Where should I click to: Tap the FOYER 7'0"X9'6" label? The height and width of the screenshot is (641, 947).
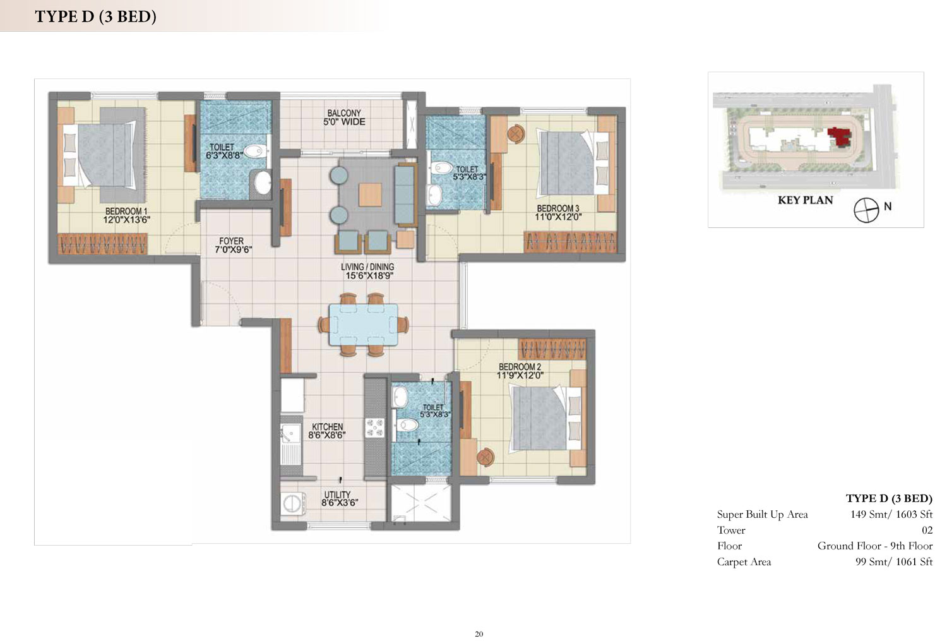point(233,245)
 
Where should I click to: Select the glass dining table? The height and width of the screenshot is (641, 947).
point(364,325)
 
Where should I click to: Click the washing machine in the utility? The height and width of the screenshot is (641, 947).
point(293,503)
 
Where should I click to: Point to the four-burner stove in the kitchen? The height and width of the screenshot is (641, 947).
point(374,428)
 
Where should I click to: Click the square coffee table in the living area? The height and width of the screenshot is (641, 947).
point(371,195)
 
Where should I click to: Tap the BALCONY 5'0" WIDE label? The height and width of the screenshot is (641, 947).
point(344,117)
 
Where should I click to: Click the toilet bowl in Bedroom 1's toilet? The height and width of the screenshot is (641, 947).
point(255,151)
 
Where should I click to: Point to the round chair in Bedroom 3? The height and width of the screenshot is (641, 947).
point(515,134)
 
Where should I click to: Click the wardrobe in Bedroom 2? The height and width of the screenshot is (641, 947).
point(552,349)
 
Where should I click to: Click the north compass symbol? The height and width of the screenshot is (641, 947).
point(866,210)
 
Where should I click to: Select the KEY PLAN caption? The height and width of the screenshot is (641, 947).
point(805,200)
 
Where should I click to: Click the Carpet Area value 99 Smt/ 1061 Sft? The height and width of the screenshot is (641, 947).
point(894,561)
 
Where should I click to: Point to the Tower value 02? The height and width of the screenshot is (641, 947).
point(927,530)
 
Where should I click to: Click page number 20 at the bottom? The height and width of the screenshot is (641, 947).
point(479,634)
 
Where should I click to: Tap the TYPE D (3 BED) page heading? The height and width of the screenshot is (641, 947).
point(95,16)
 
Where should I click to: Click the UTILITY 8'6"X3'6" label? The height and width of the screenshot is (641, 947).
point(339,498)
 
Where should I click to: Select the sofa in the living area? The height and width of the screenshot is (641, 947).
point(405,195)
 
